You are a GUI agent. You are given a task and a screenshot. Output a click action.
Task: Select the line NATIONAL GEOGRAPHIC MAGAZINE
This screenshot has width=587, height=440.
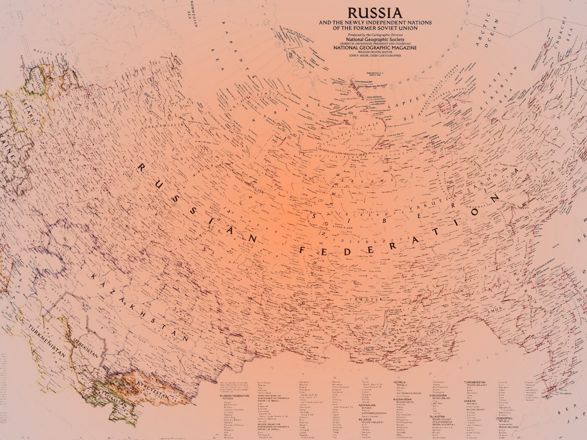375,47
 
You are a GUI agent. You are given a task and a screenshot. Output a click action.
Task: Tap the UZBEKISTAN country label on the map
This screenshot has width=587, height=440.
85,346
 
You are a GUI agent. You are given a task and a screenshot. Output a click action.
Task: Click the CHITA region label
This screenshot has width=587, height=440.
431,331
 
